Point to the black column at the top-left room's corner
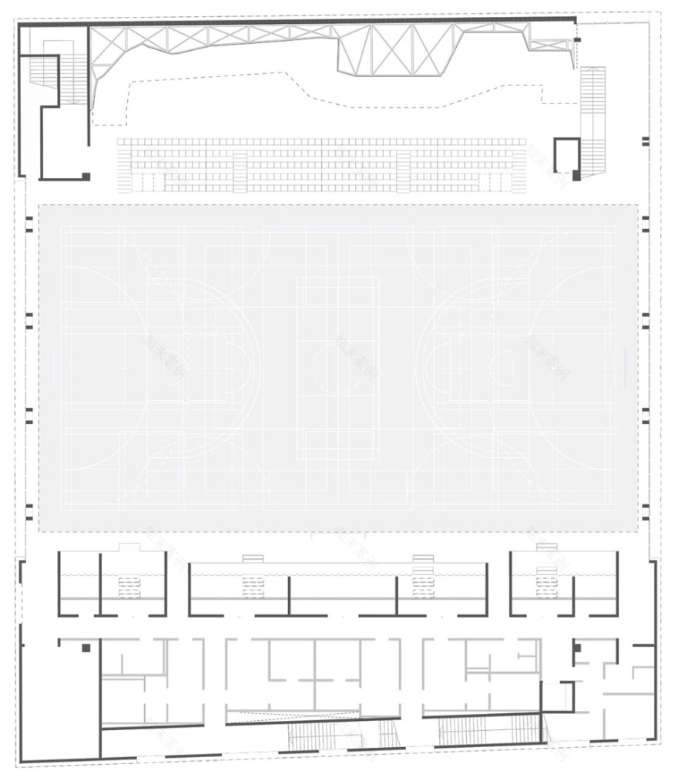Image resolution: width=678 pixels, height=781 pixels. (x=86, y=177)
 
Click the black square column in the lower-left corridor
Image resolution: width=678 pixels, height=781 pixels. (x=86, y=648)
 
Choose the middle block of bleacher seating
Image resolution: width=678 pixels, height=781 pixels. (x=322, y=165)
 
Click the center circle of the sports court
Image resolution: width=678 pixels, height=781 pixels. (x=338, y=368)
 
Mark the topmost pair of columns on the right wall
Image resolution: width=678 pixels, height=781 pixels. (x=646, y=141)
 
